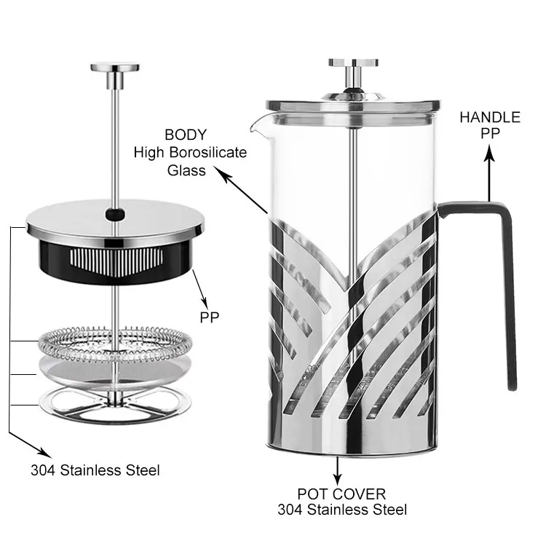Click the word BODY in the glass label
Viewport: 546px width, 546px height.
tap(186, 135)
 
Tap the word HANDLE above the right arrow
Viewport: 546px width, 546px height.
tap(489, 117)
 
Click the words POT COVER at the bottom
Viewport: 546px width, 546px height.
tap(341, 494)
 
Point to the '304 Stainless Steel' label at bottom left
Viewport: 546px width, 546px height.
tap(95, 470)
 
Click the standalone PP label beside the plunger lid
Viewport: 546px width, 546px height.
tap(210, 317)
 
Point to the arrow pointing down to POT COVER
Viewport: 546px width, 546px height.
tap(337, 470)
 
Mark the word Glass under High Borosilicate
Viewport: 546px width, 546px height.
tap(187, 170)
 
